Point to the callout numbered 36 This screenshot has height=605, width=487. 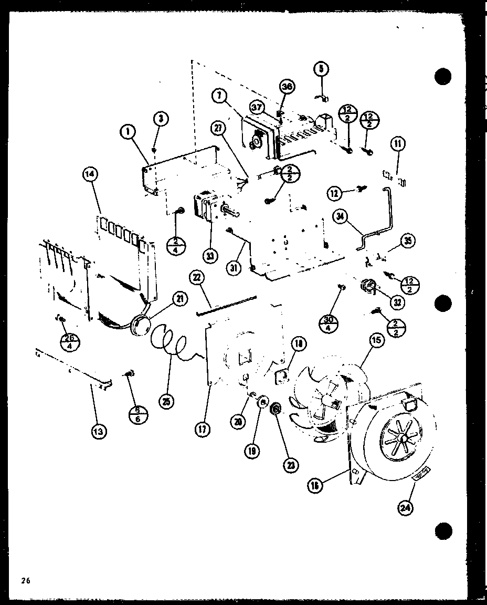(287, 87)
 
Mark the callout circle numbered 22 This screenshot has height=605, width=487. (198, 279)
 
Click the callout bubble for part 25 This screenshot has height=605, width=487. (166, 401)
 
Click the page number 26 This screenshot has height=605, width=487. (24, 580)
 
